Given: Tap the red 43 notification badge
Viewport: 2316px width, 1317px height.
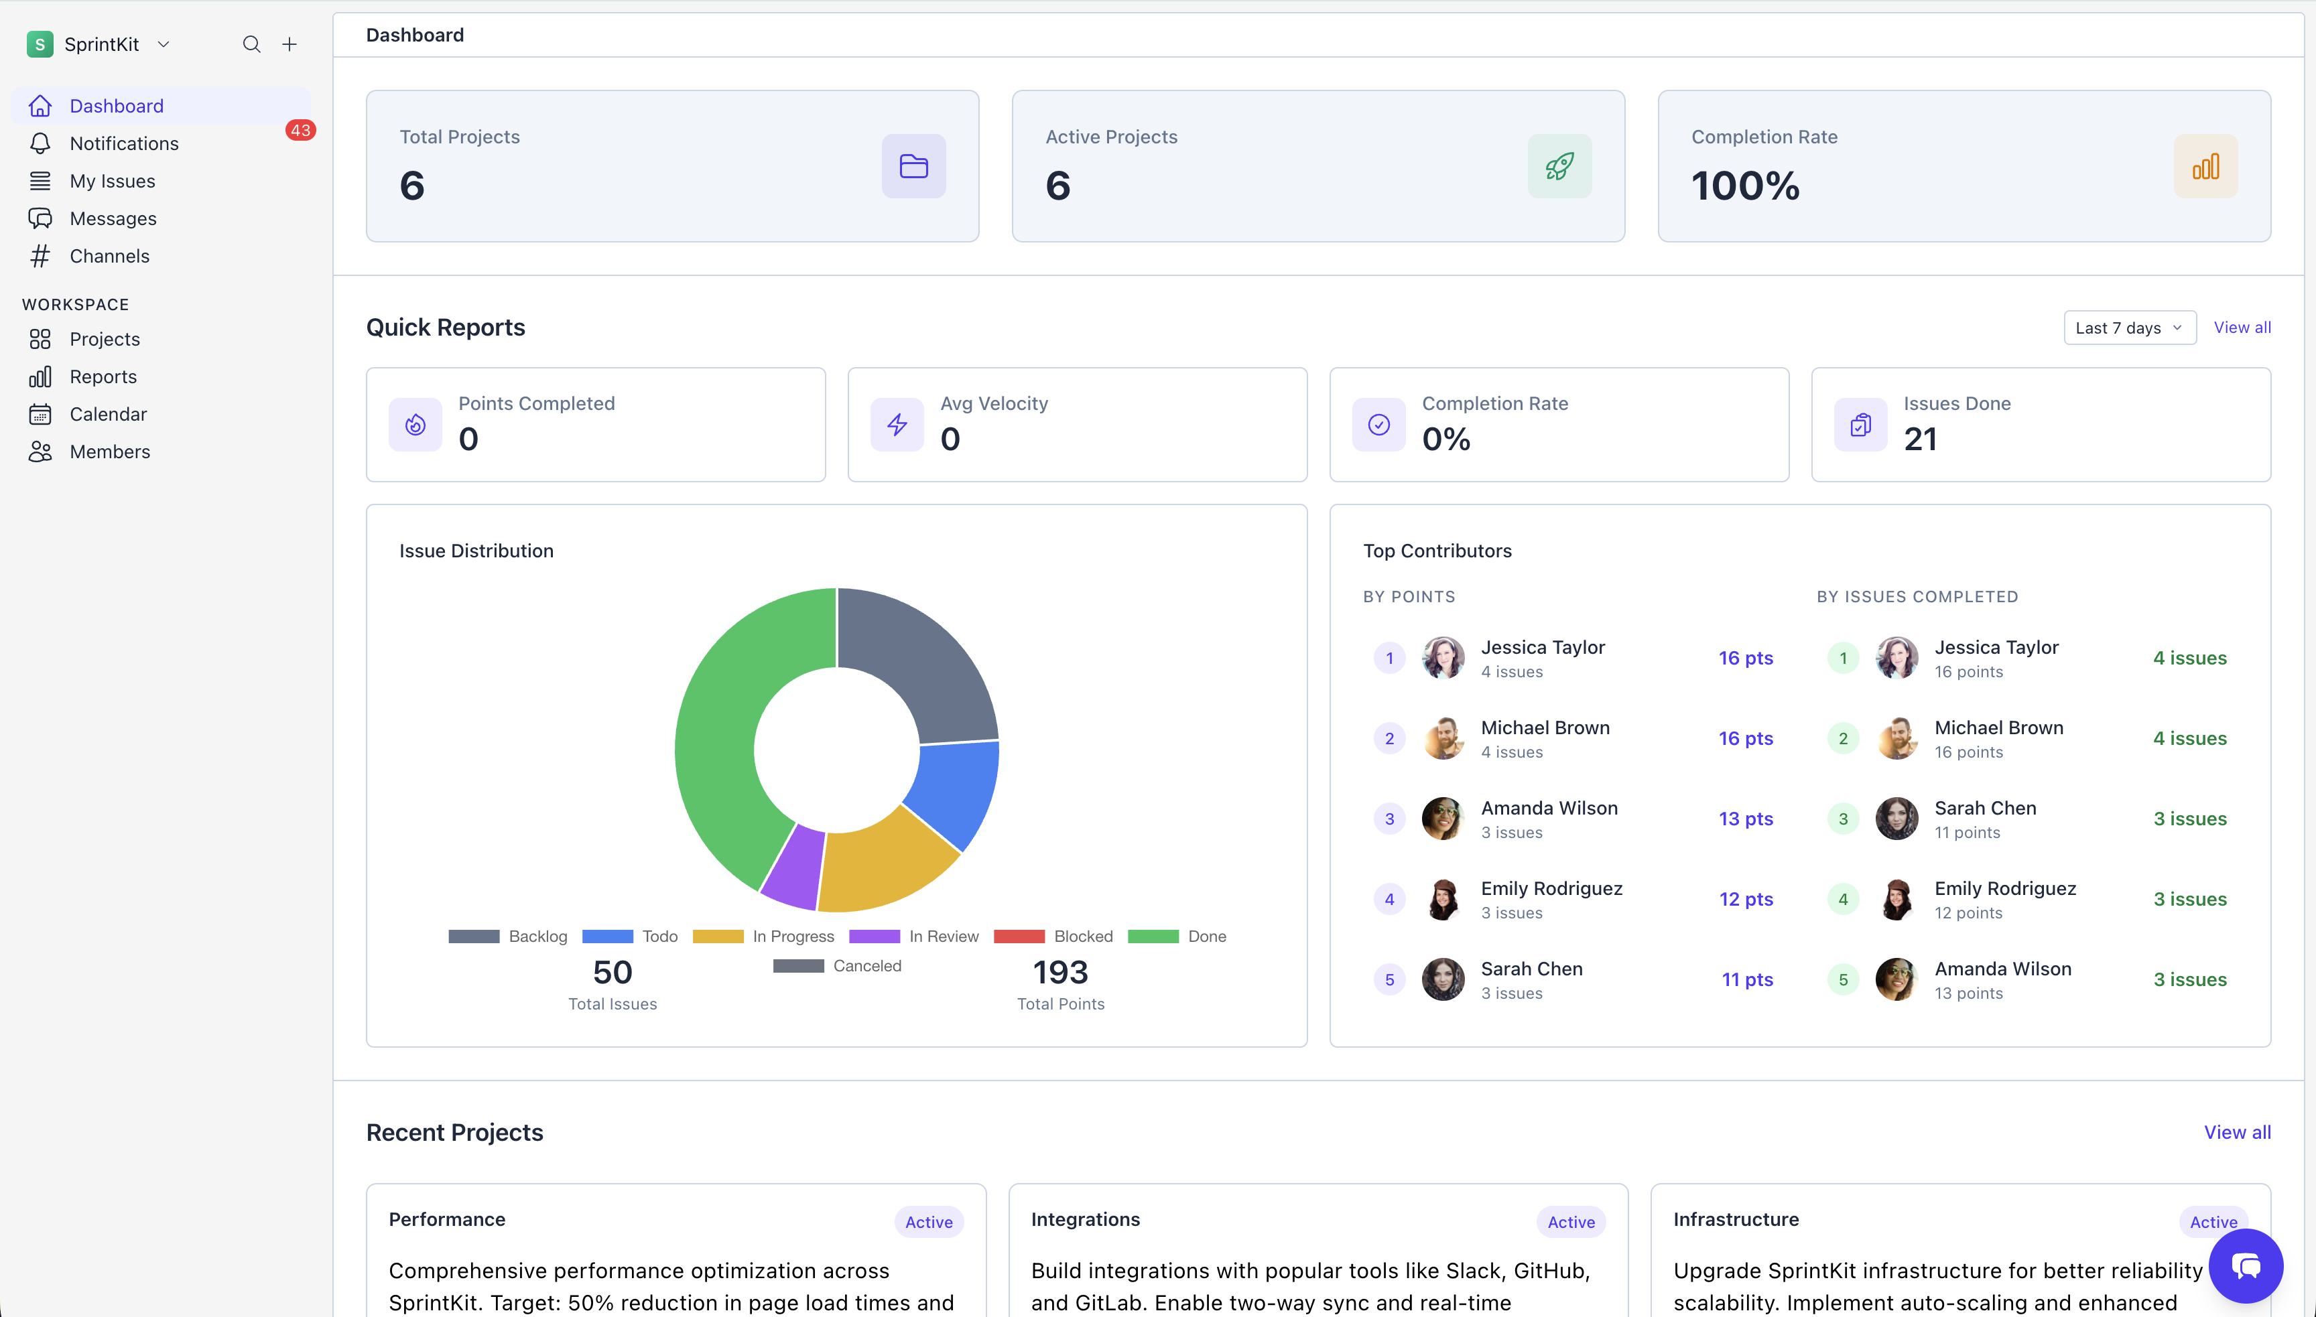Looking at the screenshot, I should tap(300, 130).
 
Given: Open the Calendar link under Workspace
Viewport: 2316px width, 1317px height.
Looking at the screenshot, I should tap(108, 414).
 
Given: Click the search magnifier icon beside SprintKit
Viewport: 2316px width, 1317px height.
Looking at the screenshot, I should tap(251, 44).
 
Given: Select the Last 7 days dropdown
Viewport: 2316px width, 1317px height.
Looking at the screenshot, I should tap(2129, 328).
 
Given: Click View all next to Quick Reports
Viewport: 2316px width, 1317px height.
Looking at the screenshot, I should tap(2241, 328).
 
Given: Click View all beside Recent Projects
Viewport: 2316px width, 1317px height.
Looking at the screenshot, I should tap(2236, 1133).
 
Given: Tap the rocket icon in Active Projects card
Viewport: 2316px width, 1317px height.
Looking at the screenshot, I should tap(1559, 166).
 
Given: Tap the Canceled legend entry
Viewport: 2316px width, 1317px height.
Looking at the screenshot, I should tap(837, 966).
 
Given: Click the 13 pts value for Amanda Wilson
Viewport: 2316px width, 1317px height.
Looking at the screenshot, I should tap(1745, 819).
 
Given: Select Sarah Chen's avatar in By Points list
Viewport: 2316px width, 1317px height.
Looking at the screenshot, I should tap(1443, 979).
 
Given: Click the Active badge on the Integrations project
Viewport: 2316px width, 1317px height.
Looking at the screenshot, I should tap(1571, 1222).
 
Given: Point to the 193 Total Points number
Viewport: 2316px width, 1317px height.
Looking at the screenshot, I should tap(1060, 973).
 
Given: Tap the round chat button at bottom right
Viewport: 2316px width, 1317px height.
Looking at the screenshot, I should tap(2246, 1265).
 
